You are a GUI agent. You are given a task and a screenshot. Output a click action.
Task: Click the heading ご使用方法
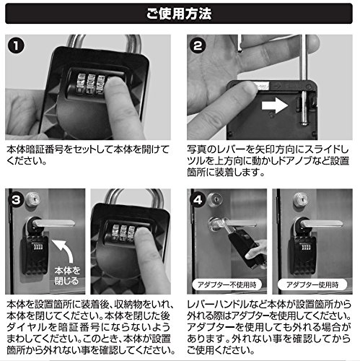click(179, 14)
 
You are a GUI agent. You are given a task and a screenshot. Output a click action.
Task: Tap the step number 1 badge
click(16, 45)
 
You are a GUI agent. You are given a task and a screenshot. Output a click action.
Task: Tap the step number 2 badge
click(198, 45)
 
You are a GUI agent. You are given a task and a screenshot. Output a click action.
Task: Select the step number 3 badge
click(16, 200)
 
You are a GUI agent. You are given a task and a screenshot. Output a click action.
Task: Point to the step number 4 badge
click(198, 200)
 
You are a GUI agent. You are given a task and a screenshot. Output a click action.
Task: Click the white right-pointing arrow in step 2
click(275, 105)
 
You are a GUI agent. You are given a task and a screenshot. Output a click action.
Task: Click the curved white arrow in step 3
click(63, 251)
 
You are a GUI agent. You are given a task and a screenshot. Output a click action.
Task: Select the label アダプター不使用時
click(227, 285)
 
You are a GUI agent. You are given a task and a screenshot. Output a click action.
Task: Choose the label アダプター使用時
click(312, 285)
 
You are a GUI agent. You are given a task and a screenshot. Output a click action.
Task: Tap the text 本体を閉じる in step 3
click(67, 276)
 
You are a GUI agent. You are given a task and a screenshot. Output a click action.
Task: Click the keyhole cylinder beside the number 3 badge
click(33, 199)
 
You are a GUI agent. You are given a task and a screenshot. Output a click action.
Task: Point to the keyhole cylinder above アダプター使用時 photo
click(300, 199)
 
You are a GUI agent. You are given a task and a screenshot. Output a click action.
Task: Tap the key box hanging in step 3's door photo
click(35, 254)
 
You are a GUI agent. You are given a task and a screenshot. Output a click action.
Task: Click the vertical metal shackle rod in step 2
click(304, 79)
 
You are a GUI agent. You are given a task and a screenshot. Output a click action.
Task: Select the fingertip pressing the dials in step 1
click(115, 85)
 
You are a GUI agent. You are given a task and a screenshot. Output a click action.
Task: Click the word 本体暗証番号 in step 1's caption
click(35, 149)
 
